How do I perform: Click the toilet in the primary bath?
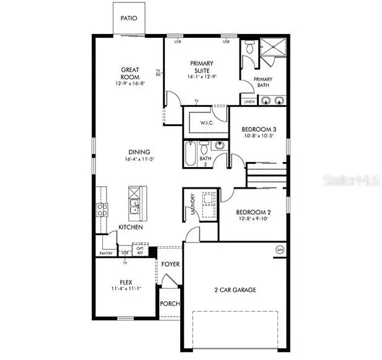(249, 48)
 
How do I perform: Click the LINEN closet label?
(249, 101)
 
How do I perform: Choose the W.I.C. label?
(206, 122)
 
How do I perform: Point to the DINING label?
(139, 152)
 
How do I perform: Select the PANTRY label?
(106, 254)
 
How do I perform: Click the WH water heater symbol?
(279, 249)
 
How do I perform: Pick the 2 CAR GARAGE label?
(235, 289)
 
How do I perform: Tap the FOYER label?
(170, 264)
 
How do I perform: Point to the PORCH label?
(170, 304)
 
